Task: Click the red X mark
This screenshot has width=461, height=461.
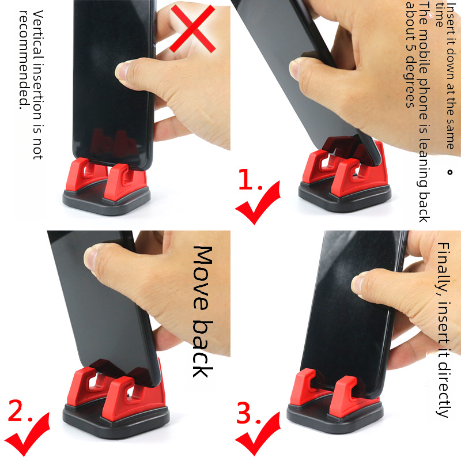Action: click(x=193, y=28)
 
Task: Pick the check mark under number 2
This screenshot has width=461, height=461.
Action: click(x=27, y=434)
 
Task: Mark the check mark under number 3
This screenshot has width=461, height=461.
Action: click(x=257, y=434)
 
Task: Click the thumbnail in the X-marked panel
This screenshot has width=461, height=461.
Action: click(x=122, y=71)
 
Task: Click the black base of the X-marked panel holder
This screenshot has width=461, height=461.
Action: click(x=107, y=202)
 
